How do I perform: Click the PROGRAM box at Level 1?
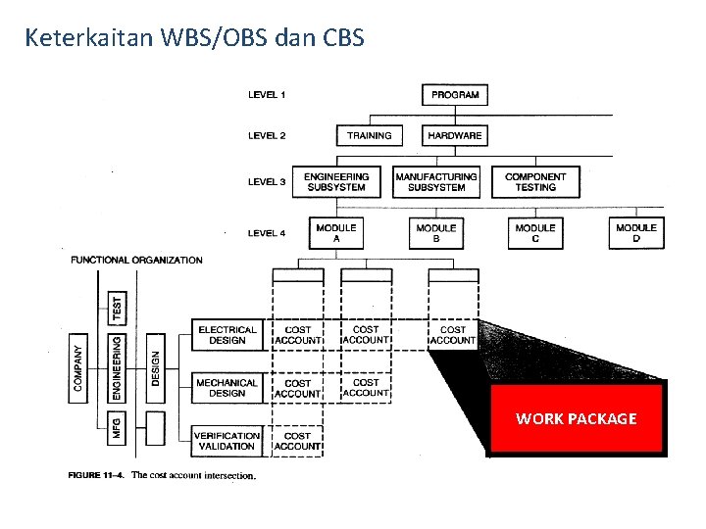pos(455,95)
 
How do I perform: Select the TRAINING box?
pos(369,135)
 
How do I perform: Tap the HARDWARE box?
pos(455,135)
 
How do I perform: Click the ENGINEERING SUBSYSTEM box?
pos(335,182)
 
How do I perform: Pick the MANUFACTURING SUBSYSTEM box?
pos(436,182)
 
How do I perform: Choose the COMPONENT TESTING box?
pos(535,182)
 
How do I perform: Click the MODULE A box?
pos(335,233)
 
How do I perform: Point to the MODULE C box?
pos(535,233)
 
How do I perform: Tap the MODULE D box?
pos(635,233)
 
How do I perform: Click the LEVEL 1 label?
pos(267,95)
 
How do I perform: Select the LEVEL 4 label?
pos(267,233)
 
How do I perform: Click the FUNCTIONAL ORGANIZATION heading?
pos(136,261)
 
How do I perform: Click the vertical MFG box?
pos(117,427)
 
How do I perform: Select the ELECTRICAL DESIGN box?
pos(227,335)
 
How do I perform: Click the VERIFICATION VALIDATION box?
pos(227,441)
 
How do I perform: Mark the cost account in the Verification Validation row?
pos(297,441)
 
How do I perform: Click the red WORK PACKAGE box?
pos(577,418)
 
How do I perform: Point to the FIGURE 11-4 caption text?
pos(162,476)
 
